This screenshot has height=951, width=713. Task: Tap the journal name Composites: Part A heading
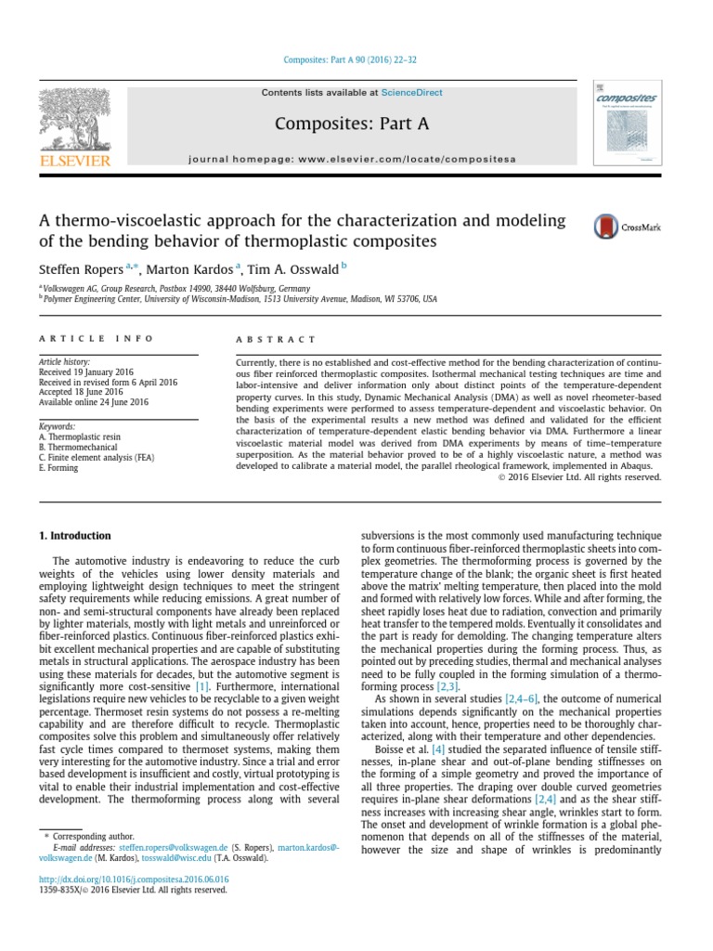click(x=352, y=124)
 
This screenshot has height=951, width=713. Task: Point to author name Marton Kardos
click(x=194, y=269)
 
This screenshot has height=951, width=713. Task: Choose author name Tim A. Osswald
click(x=298, y=269)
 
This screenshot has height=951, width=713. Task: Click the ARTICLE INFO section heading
click(x=96, y=339)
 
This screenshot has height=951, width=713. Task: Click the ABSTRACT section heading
click(x=276, y=339)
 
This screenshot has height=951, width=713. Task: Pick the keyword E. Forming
click(x=58, y=468)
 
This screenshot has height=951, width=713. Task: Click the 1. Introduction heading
click(x=74, y=536)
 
